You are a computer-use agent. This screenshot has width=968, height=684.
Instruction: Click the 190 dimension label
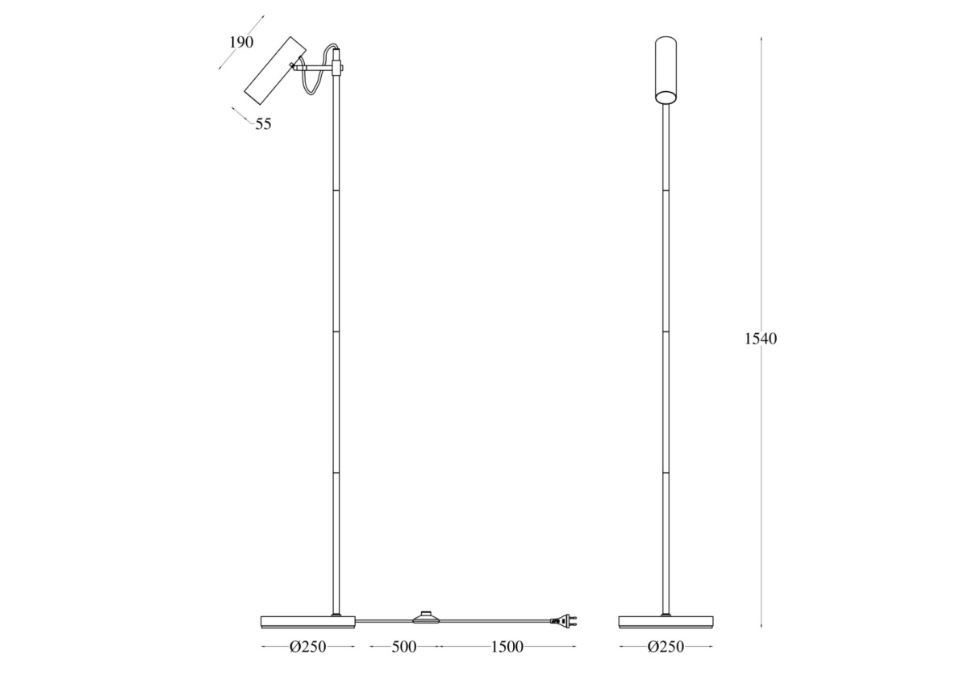tap(241, 42)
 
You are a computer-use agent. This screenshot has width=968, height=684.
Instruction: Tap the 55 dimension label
tap(263, 124)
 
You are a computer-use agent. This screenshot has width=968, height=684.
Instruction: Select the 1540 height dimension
tap(761, 339)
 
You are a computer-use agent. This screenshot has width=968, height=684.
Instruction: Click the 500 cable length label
tap(404, 647)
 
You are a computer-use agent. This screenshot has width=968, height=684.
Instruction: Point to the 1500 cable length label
tap(507, 647)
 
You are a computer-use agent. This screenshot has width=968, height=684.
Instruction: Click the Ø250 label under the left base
tap(307, 647)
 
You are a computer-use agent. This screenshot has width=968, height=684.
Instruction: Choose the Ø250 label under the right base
tap(666, 647)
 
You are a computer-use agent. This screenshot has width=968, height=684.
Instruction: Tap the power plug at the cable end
tap(564, 622)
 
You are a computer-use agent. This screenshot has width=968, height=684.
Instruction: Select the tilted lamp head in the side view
tap(275, 70)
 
